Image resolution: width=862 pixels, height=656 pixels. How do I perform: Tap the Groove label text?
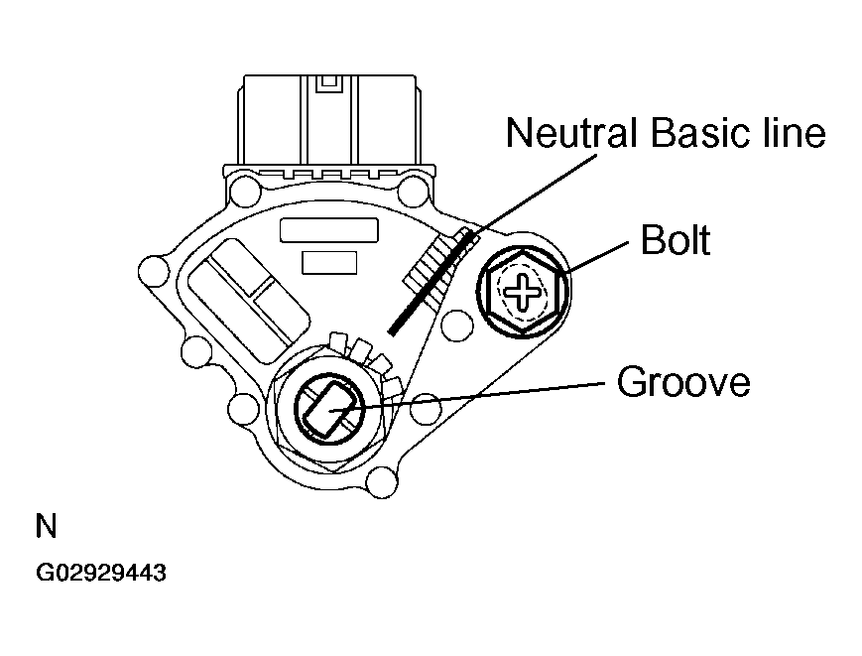coord(683,382)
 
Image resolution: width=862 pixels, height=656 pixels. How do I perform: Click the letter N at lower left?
coord(46,526)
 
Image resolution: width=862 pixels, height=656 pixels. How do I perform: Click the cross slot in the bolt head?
coord(521,291)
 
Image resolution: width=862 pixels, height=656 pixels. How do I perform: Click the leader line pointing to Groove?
coord(476,394)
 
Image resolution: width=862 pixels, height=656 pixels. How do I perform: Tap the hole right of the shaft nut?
coord(426,405)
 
